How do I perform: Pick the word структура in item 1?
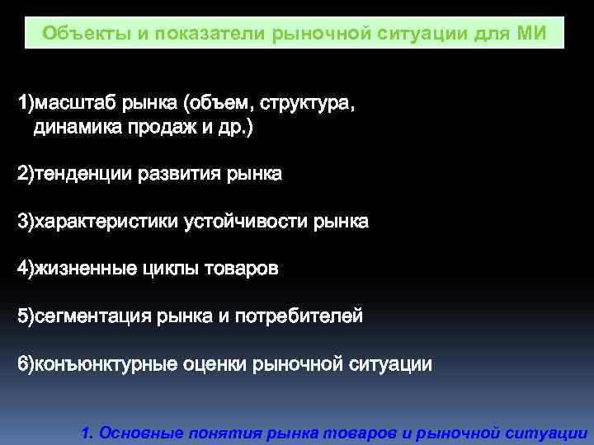point(308,104)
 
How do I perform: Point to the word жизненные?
point(78,269)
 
